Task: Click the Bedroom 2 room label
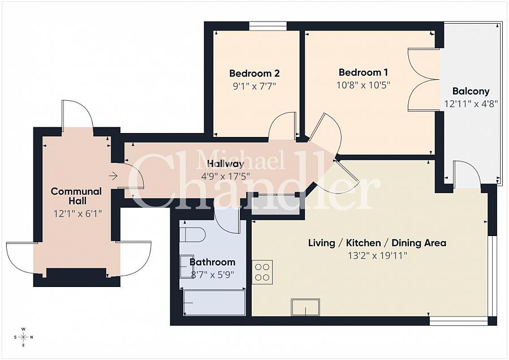click(x=254, y=74)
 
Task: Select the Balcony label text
click(x=471, y=91)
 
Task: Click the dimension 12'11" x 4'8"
click(x=471, y=104)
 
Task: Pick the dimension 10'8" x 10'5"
click(x=364, y=85)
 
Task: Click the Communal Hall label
click(x=76, y=196)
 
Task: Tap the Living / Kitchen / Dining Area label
click(x=377, y=243)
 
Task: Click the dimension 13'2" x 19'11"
click(x=377, y=256)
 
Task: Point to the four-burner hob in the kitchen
click(x=262, y=272)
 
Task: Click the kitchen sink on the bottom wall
click(x=305, y=307)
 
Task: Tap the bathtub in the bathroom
click(x=214, y=303)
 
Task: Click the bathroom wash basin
click(x=186, y=266)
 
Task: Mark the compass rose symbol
click(x=23, y=337)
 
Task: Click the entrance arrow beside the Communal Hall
click(x=113, y=176)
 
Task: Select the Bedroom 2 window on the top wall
click(x=268, y=25)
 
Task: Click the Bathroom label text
click(x=212, y=263)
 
